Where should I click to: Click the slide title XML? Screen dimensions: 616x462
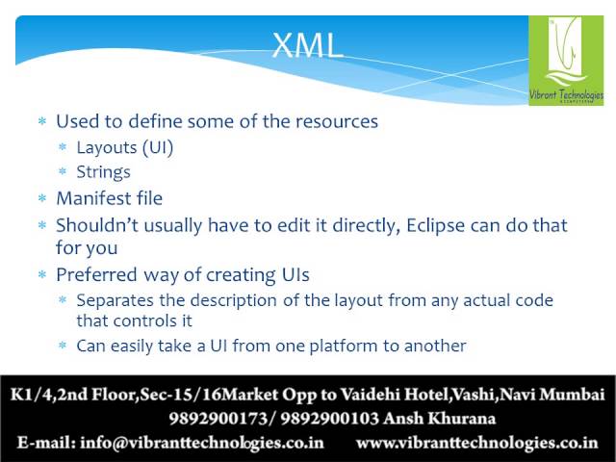(307, 45)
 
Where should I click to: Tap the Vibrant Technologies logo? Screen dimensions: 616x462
(566, 61)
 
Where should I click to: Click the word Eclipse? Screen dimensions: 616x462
(435, 226)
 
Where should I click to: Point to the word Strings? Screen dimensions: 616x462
(103, 172)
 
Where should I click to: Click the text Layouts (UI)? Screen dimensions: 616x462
(125, 147)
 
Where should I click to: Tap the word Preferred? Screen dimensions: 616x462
(96, 274)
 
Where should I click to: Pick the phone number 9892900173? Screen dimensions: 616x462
(218, 419)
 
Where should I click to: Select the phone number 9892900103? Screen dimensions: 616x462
(329, 419)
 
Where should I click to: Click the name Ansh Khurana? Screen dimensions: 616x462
(439, 419)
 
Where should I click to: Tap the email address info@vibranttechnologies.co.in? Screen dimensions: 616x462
(202, 443)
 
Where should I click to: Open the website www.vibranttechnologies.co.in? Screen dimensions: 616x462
(477, 443)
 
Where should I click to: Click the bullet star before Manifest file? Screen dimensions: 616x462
(42, 197)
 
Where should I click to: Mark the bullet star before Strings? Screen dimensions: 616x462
(63, 171)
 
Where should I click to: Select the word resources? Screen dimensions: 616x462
(337, 121)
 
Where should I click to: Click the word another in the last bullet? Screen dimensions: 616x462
(435, 346)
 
